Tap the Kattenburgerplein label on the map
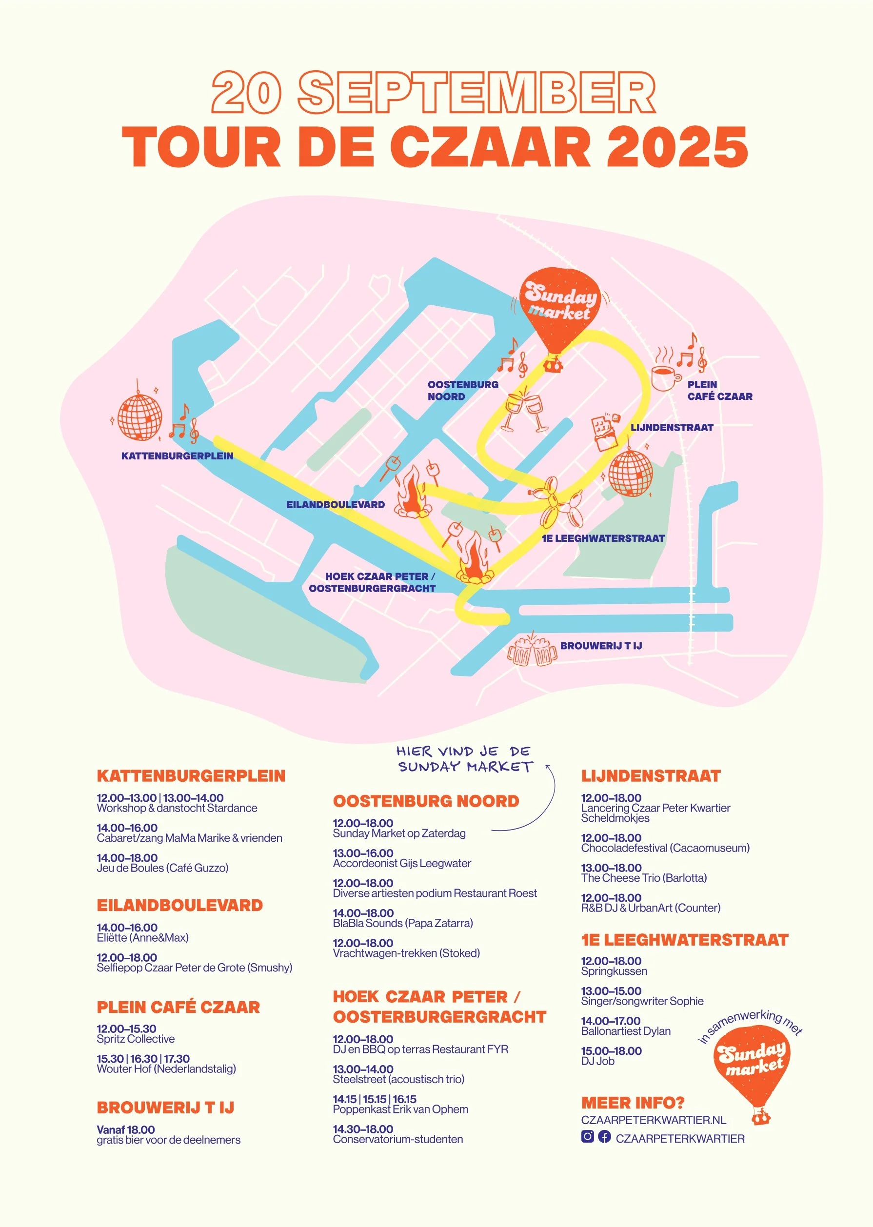click(177, 456)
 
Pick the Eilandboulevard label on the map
click(335, 505)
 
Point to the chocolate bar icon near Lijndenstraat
click(605, 432)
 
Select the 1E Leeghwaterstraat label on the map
click(603, 538)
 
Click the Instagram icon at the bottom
click(588, 1136)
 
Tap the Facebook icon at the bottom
click(604, 1136)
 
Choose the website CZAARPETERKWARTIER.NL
click(653, 1120)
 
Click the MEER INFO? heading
click(632, 1103)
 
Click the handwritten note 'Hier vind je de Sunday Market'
click(464, 759)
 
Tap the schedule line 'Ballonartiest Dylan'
click(625, 1031)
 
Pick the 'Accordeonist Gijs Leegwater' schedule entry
click(401, 863)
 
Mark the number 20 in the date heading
click(246, 93)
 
